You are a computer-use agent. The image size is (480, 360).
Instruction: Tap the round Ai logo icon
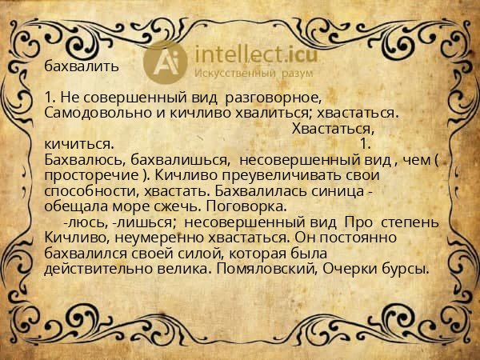pyautogui.click(x=166, y=62)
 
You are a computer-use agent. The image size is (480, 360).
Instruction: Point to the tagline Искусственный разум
pyautogui.click(x=251, y=74)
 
